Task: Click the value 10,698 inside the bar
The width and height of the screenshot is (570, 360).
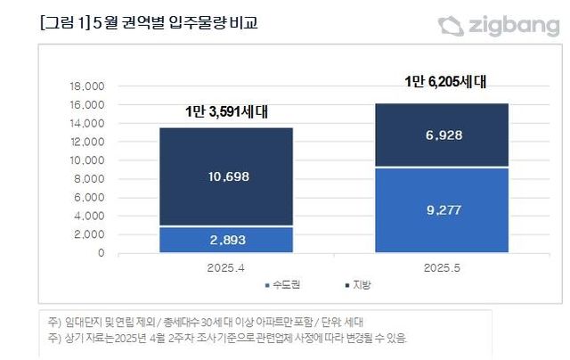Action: [225, 176]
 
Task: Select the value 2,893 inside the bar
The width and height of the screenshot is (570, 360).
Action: [225, 240]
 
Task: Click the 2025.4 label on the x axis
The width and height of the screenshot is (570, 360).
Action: [225, 266]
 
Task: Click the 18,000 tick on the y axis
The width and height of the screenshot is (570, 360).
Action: [87, 86]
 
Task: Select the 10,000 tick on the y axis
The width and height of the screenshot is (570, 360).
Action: [87, 160]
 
